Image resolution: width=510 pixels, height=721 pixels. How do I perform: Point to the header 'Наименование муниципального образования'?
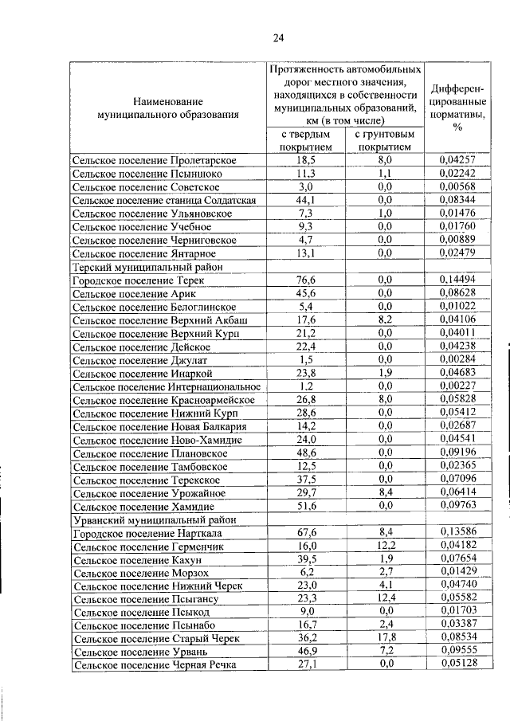167,108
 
